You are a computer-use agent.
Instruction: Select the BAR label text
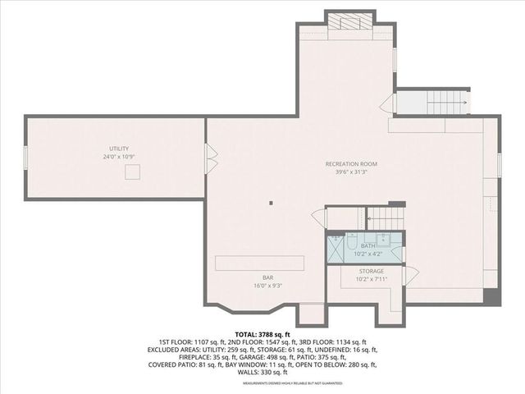point(267,277)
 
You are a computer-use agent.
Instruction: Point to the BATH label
point(369,245)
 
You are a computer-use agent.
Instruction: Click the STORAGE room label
point(371,270)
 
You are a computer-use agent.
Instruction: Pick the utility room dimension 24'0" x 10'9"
point(119,156)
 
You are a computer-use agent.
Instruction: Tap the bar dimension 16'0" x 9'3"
point(267,286)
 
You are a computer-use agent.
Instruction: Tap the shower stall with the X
point(336,249)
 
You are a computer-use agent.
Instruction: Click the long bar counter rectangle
point(261,262)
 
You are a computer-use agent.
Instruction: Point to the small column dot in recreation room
point(271,203)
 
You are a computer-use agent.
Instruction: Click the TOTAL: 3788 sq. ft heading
point(263,334)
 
